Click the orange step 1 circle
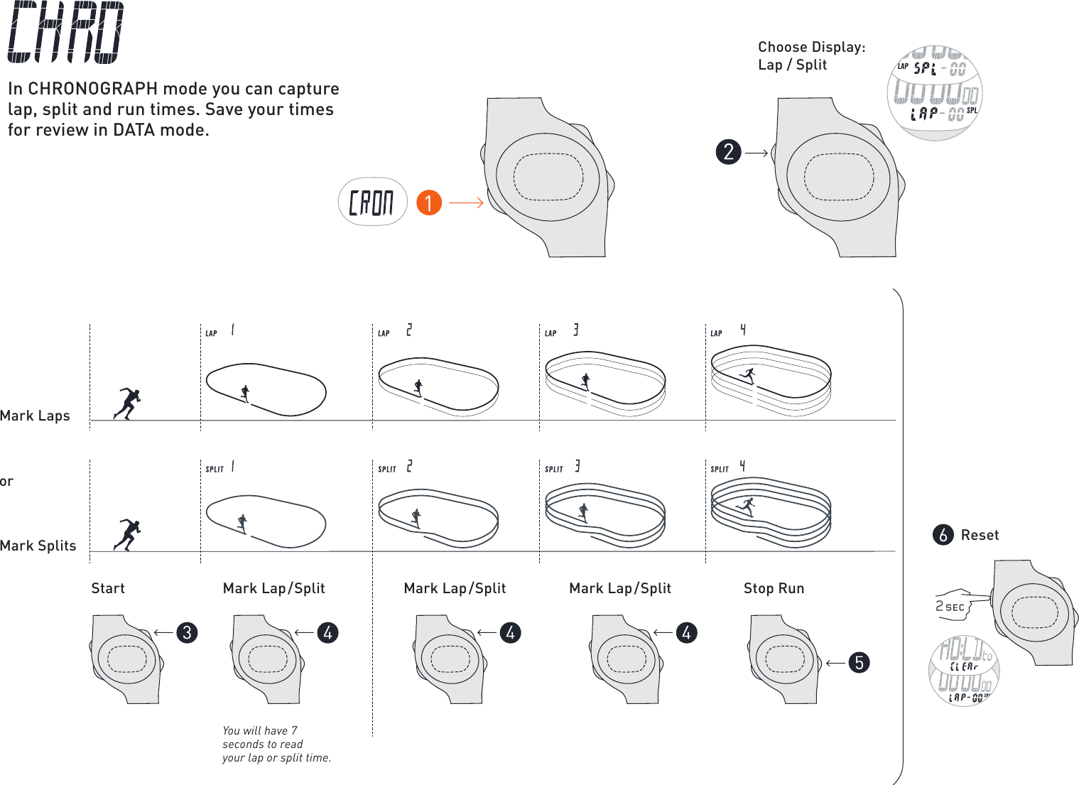(x=429, y=202)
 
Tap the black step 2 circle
(x=729, y=152)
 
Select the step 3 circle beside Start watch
(x=187, y=632)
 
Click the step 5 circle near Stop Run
(x=860, y=663)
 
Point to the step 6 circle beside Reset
(x=943, y=535)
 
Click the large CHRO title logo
(x=66, y=33)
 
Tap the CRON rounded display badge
(x=372, y=202)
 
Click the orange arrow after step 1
(x=466, y=203)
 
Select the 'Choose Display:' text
(x=811, y=47)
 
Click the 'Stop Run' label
(x=774, y=588)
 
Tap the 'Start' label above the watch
(x=108, y=588)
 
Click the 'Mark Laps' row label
(x=36, y=416)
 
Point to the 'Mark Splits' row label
(x=38, y=546)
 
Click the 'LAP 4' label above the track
(x=728, y=331)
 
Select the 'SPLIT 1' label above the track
(x=219, y=467)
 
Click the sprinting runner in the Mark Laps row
(x=128, y=404)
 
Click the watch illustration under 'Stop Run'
(x=784, y=659)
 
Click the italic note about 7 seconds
(x=276, y=744)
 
